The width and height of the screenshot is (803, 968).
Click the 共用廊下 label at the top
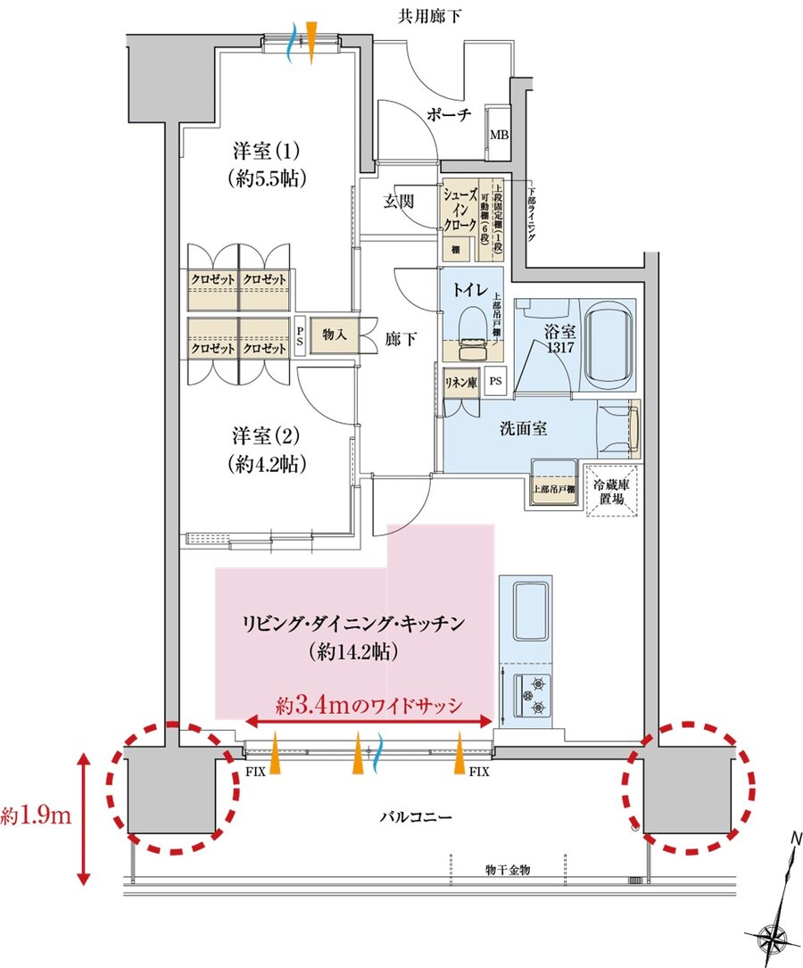(x=430, y=16)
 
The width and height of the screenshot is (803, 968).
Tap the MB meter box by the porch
(x=497, y=136)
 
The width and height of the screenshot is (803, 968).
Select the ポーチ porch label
(x=450, y=117)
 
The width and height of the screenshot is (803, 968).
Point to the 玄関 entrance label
(x=400, y=202)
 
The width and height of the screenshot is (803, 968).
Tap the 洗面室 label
(x=523, y=428)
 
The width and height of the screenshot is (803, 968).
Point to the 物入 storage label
(x=335, y=335)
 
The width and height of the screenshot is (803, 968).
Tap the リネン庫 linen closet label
(x=460, y=382)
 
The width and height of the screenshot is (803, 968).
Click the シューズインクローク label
(x=460, y=211)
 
